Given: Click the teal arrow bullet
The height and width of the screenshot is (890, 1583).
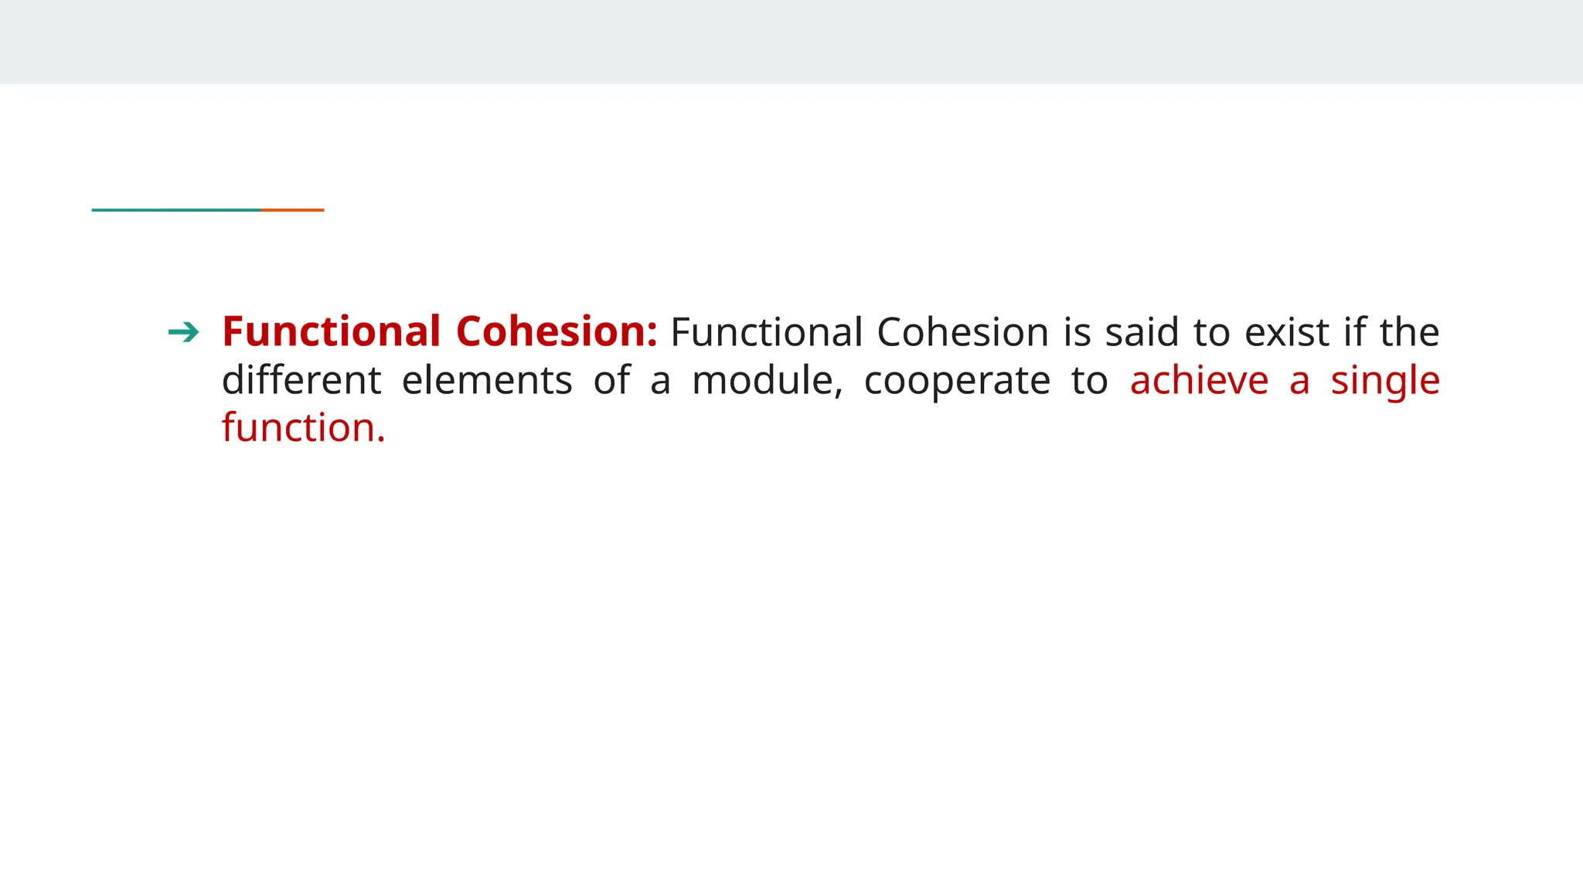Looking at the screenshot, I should pyautogui.click(x=183, y=333).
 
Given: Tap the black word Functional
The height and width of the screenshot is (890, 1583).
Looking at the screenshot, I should pyautogui.click(x=766, y=332).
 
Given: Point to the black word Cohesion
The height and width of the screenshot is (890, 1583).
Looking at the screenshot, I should pyautogui.click(x=962, y=332).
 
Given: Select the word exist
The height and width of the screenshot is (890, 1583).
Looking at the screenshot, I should pyautogui.click(x=1287, y=332).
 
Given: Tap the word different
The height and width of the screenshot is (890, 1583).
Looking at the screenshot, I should pyautogui.click(x=301, y=380).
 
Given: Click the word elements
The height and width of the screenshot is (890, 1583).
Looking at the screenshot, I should pyautogui.click(x=487, y=380).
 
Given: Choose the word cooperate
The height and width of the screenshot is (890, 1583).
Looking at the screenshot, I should pyautogui.click(x=957, y=382).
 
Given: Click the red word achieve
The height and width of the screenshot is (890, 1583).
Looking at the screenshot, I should pyautogui.click(x=1199, y=380).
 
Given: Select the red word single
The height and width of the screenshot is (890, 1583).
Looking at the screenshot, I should pyautogui.click(x=1385, y=382).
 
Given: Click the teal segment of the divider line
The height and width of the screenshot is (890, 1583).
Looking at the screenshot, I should pyautogui.click(x=176, y=209).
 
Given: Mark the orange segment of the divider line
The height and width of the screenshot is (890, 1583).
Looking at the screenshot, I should pyautogui.click(x=292, y=209).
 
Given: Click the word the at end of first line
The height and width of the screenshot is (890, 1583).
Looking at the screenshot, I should pyautogui.click(x=1410, y=332).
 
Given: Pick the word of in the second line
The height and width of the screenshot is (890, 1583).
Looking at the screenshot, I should pyautogui.click(x=611, y=380).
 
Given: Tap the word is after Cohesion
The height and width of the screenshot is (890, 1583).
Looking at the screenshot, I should pyautogui.click(x=1077, y=332).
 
